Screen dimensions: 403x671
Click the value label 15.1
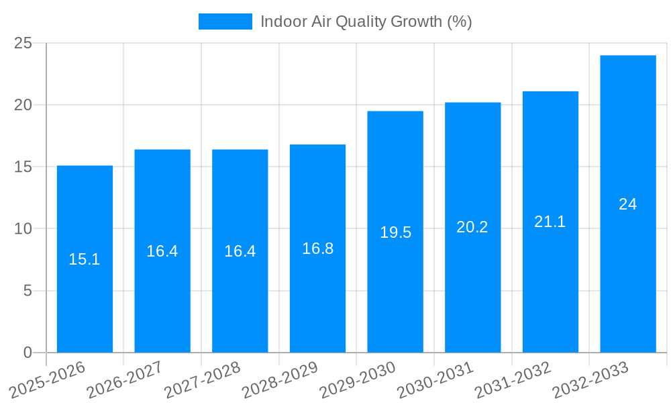click(85, 259)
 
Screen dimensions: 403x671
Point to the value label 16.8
click(317, 249)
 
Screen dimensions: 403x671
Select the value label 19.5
click(395, 232)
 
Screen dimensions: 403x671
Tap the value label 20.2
click(472, 227)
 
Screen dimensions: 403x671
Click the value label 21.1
click(550, 222)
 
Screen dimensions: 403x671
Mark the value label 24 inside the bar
click(628, 204)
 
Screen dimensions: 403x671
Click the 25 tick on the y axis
click(23, 43)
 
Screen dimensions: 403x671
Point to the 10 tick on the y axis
click(23, 229)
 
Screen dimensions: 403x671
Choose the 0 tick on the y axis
click(28, 353)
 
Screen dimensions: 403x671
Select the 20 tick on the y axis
click(23, 105)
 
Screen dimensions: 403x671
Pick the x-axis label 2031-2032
click(513, 379)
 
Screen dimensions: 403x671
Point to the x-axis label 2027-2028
click(202, 379)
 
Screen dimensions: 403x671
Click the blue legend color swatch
click(225, 21)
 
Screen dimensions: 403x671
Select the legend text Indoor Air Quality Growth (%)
click(366, 21)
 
